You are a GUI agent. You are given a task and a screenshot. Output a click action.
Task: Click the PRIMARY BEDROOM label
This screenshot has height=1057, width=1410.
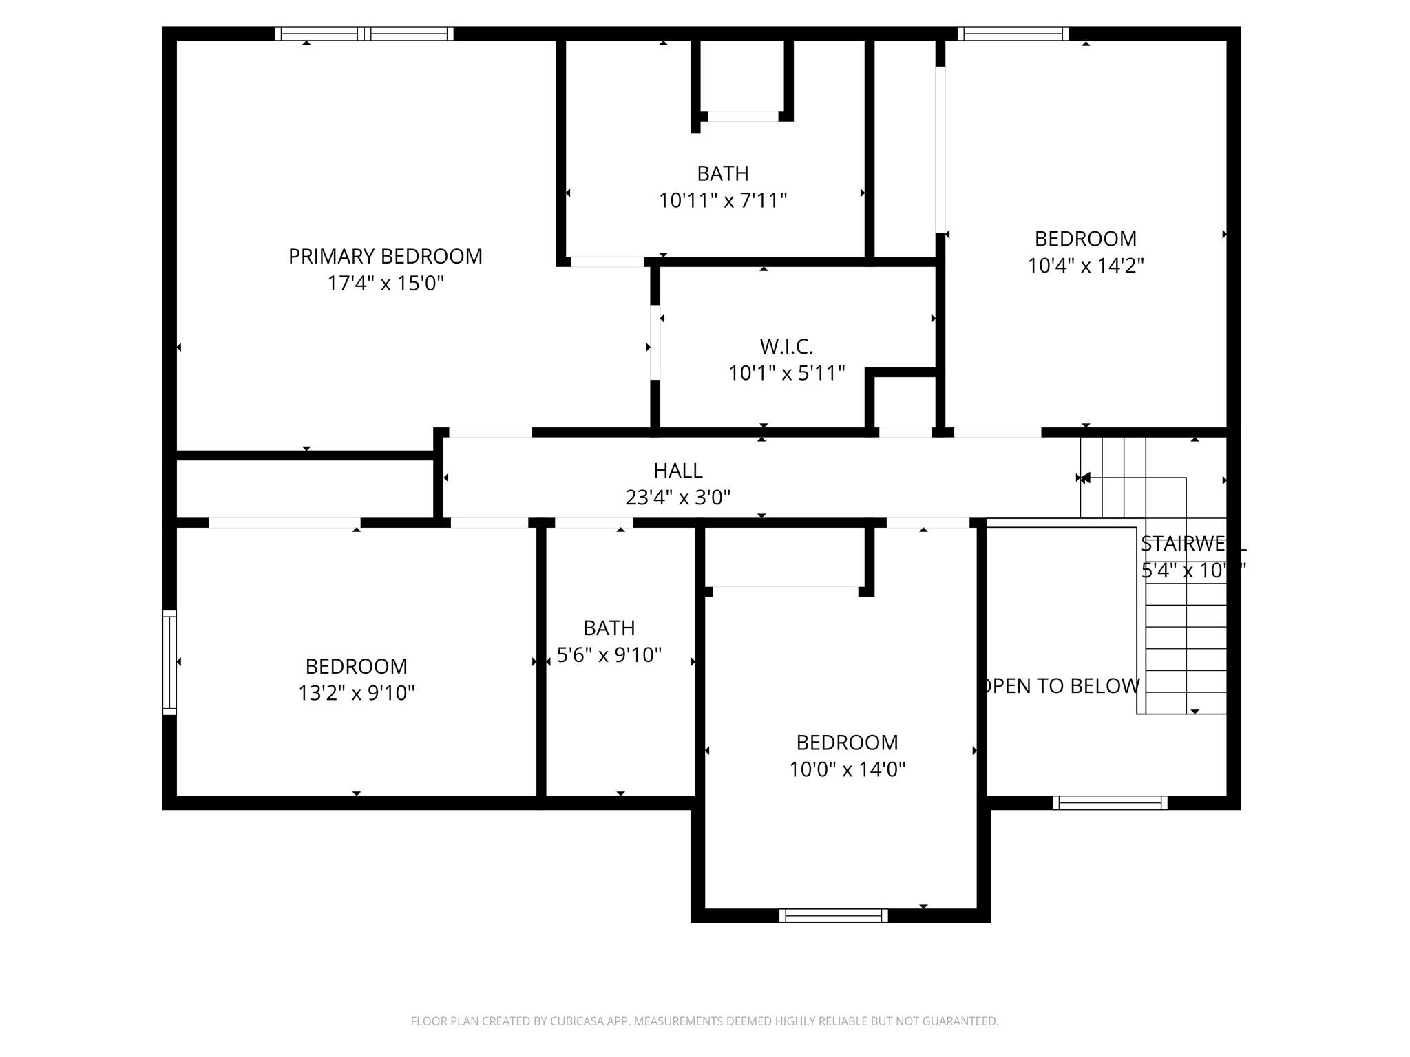point(385,257)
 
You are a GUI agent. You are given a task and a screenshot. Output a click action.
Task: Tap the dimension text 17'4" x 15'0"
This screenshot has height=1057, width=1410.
point(385,284)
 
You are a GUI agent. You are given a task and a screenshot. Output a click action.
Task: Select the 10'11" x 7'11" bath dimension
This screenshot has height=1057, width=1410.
point(722,201)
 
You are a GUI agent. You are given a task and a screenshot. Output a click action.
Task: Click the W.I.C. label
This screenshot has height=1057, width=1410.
point(786,346)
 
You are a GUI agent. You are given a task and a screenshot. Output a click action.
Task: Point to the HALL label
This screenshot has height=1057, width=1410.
point(677,471)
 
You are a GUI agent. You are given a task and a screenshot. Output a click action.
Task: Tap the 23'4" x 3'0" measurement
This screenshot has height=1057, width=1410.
point(677,498)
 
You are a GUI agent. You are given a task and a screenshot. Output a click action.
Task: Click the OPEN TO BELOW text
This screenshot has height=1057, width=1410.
point(1061,686)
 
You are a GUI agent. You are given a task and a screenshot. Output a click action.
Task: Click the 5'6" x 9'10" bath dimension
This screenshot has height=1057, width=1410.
point(609,655)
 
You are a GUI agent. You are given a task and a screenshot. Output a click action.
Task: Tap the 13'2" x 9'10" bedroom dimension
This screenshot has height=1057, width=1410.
point(356,693)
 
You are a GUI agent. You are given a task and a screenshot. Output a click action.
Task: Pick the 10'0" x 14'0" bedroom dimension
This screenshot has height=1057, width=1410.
point(847,769)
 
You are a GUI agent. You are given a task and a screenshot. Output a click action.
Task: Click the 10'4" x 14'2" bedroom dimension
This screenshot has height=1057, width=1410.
point(1086,266)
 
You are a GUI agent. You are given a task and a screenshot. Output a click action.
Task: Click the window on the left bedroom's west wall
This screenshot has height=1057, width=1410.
point(169,662)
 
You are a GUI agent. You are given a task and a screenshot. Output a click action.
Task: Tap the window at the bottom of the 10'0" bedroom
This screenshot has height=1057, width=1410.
point(833,915)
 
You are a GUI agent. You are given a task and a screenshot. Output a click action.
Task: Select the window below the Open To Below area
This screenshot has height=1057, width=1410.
point(1109,802)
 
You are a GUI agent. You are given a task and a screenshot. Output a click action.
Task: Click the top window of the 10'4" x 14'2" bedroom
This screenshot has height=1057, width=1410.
point(1013,34)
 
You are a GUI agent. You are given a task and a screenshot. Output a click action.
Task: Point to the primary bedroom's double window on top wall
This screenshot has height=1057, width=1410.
point(364,34)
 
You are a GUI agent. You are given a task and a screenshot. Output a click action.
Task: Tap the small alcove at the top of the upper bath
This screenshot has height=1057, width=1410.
point(742,76)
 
